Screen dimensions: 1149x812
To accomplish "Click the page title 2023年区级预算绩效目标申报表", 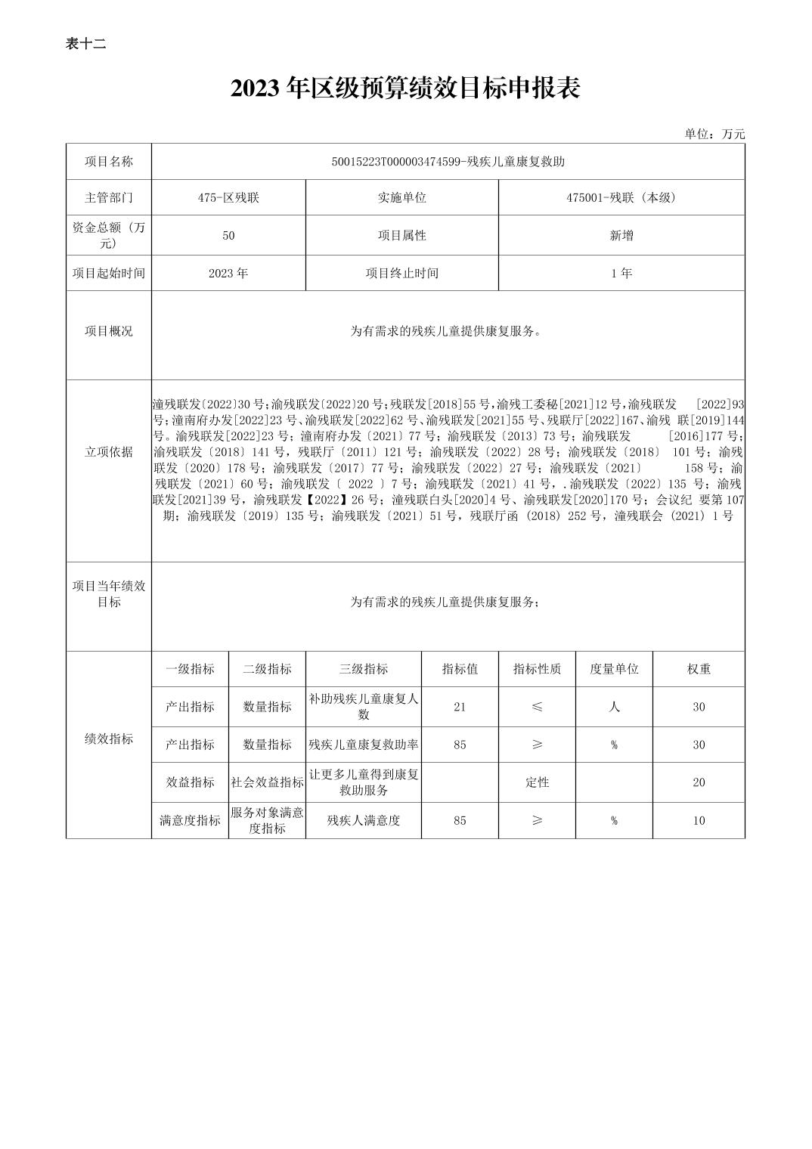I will [x=405, y=89].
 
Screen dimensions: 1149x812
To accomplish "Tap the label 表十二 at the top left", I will [x=85, y=44].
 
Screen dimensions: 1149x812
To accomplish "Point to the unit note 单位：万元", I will [x=714, y=134].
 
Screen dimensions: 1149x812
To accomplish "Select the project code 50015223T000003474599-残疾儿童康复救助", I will [x=448, y=162].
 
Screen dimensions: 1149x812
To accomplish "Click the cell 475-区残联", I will [x=228, y=197].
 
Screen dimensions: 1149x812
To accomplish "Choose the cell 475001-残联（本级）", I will [x=621, y=197].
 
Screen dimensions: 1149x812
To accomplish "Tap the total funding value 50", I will [x=228, y=235].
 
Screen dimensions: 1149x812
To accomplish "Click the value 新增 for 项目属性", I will [x=621, y=235].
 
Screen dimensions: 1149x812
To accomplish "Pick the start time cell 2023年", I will [x=228, y=273].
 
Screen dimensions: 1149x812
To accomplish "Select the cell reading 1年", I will [x=621, y=273].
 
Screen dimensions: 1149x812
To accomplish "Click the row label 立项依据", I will [x=109, y=452].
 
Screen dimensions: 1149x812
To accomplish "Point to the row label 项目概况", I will [x=109, y=331].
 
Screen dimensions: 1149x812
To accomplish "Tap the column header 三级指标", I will [x=364, y=669].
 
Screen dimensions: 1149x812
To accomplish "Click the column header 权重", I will [x=699, y=669].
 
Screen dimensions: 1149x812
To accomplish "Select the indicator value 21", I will [x=460, y=707].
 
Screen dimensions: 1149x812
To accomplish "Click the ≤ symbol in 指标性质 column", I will [x=537, y=707].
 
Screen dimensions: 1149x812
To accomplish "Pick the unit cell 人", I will [x=614, y=707].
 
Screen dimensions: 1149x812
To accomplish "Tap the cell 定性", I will [x=537, y=782].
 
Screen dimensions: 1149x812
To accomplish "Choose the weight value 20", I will [x=699, y=782].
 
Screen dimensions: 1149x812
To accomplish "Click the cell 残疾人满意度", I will [x=364, y=820].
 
